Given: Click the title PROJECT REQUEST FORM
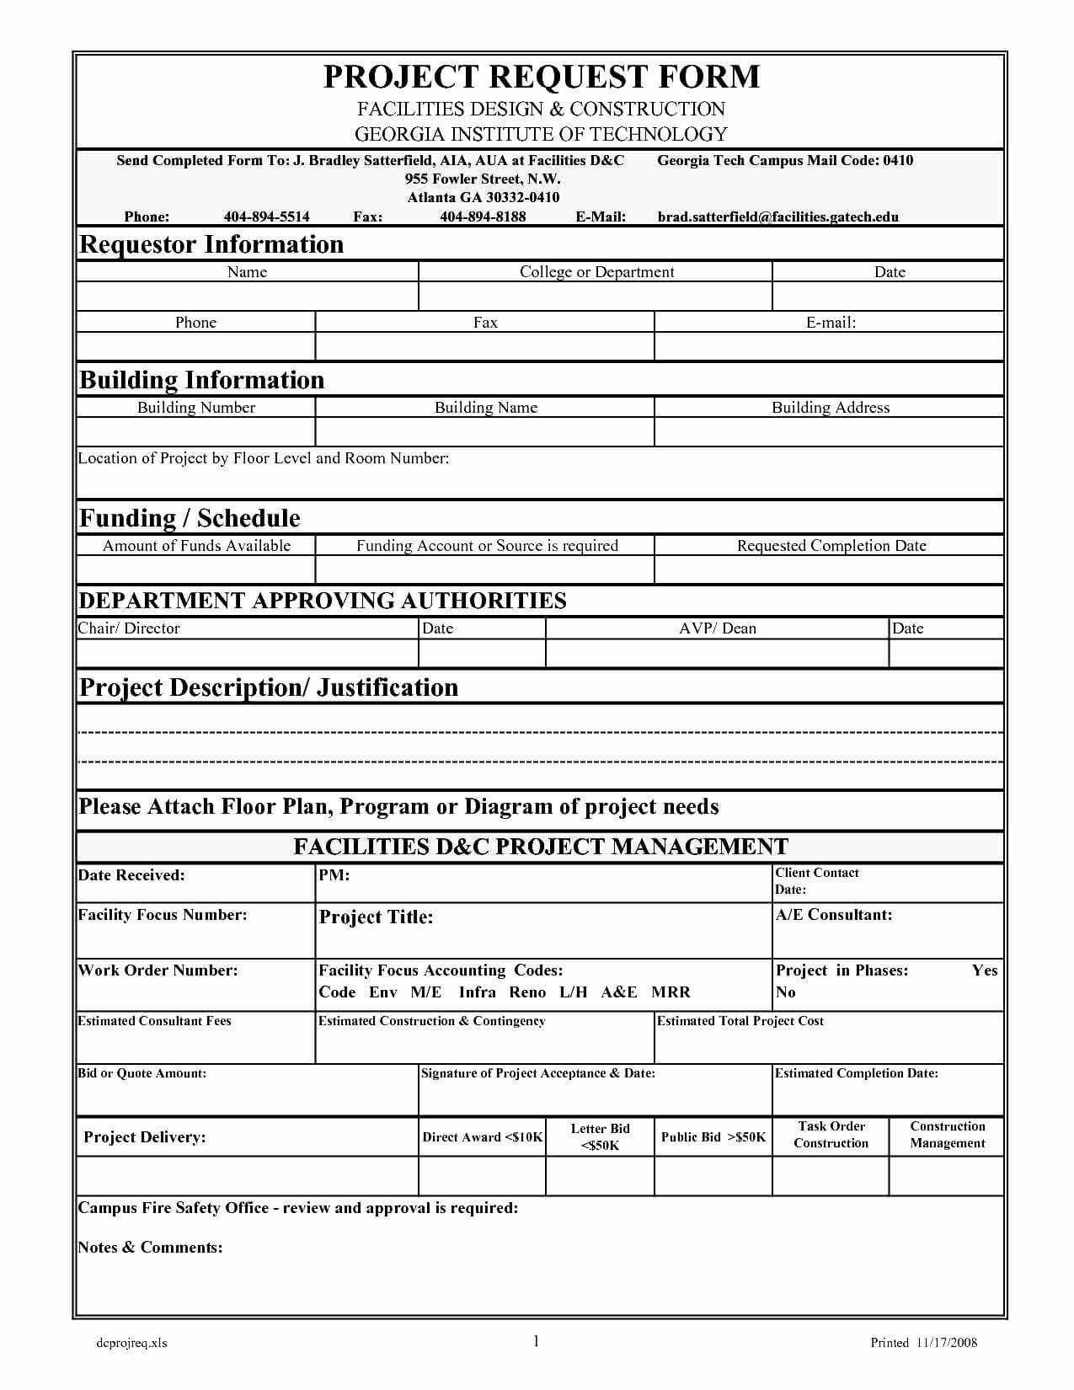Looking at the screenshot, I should (541, 77).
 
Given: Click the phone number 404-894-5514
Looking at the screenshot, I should (266, 217).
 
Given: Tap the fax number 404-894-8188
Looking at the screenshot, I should (483, 217).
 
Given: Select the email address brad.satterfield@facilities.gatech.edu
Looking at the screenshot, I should (777, 217).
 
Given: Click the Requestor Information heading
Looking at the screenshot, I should (211, 244).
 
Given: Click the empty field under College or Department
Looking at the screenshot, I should (595, 297).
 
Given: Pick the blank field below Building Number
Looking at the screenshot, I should (195, 431).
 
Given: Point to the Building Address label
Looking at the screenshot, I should (830, 408).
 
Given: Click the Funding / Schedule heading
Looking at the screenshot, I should (190, 518).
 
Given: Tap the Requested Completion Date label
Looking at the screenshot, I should (831, 546).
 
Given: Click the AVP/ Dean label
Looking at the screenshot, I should (718, 628).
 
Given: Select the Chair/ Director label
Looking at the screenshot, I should (129, 628).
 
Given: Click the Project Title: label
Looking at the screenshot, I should (376, 917).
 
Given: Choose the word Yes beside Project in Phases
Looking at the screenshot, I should (984, 970).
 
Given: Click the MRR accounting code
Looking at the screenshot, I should (671, 992).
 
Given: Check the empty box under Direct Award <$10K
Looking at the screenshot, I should (482, 1176).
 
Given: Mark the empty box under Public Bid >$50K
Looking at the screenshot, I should (713, 1176).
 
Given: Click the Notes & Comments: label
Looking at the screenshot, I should (150, 1248).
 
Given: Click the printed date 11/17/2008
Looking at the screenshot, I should (945, 1343).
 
